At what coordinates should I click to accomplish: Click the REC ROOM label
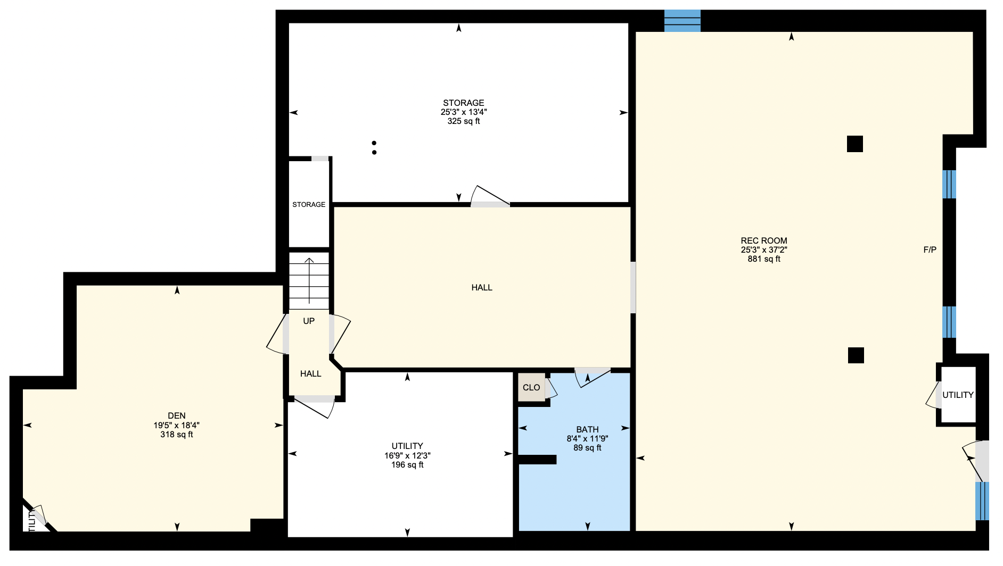[x=763, y=240]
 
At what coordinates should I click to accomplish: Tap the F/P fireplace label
[x=930, y=249]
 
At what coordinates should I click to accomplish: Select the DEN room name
[x=177, y=416]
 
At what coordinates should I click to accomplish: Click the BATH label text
[x=587, y=429]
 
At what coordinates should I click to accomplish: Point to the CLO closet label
[x=531, y=387]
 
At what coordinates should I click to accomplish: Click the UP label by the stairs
[x=309, y=321]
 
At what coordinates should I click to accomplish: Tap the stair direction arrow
[x=309, y=280]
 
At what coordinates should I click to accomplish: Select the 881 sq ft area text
[x=764, y=259]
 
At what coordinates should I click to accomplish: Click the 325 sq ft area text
[x=464, y=121]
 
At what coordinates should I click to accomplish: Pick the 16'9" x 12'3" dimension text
[x=407, y=455]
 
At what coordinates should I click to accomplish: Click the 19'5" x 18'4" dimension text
[x=177, y=425]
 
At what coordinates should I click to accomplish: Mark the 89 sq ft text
[x=587, y=448]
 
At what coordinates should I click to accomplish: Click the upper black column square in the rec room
[x=855, y=144]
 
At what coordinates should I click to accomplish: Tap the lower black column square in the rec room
[x=856, y=355]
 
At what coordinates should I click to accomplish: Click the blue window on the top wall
[x=682, y=21]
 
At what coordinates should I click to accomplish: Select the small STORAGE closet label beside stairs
[x=309, y=204]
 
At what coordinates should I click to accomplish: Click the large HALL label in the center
[x=482, y=287]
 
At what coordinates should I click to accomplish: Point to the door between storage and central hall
[x=490, y=196]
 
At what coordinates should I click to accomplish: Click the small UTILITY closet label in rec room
[x=958, y=395]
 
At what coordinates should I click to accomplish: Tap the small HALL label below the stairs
[x=310, y=373]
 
